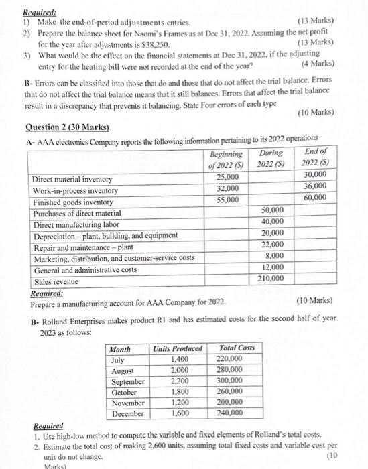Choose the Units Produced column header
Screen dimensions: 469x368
pos(178,348)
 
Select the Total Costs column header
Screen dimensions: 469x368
pos(237,348)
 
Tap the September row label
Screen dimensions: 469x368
pos(127,381)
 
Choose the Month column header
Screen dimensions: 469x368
pos(120,348)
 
